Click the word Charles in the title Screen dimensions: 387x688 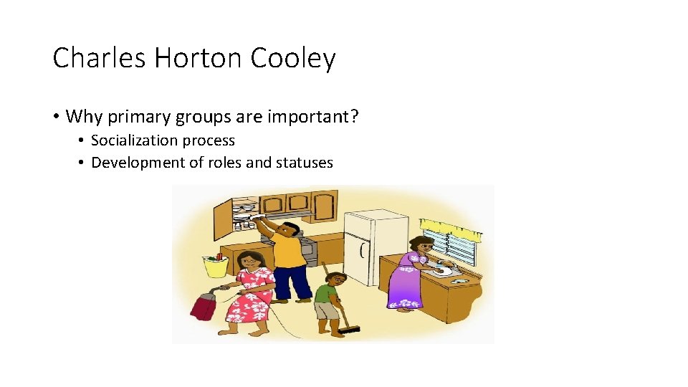pyautogui.click(x=90, y=58)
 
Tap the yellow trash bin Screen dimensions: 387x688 pyautogui.click(x=216, y=266)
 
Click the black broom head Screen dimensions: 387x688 pyautogui.click(x=349, y=330)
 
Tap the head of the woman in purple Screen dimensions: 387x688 pyautogui.click(x=420, y=244)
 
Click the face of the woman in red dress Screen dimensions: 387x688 pyautogui.click(x=248, y=261)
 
